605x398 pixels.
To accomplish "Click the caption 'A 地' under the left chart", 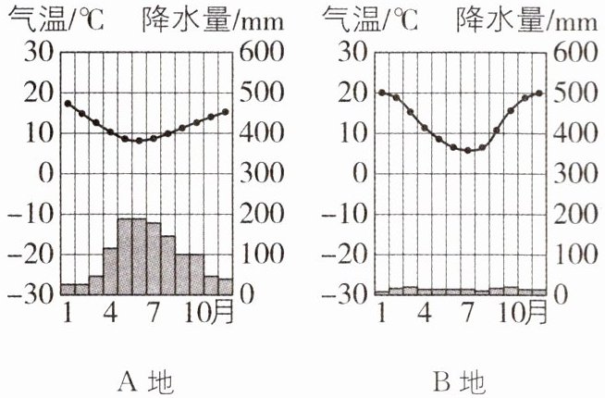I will coord(146,380).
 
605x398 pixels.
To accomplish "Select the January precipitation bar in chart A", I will coord(68,289).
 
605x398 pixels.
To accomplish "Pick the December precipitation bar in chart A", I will coord(225,286).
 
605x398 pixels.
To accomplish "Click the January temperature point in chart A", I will coord(68,104).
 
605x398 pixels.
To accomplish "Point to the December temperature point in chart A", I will coord(225,112).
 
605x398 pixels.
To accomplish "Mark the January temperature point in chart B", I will coord(381,93).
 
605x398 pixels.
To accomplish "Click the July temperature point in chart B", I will coord(467,150).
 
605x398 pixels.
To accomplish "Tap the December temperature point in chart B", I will coord(539,93).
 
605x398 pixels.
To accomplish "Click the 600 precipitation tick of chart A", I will coord(259,52).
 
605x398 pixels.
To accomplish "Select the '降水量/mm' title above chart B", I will coord(531,18).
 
